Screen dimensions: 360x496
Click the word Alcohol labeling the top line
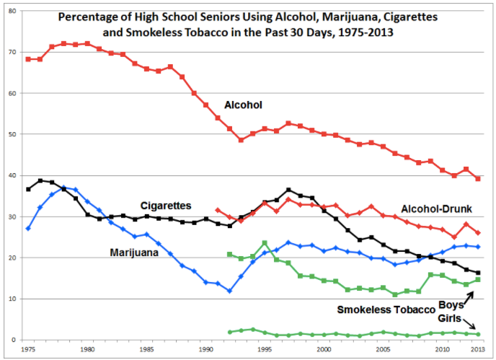243,105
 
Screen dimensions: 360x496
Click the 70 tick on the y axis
12,52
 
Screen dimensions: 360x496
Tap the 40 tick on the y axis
12,175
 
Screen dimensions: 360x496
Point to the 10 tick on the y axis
12,299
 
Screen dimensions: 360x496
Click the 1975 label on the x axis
28,350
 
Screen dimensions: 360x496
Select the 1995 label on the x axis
265,350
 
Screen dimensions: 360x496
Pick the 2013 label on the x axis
478,350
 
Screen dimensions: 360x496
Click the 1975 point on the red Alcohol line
28,59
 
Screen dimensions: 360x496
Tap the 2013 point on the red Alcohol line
478,178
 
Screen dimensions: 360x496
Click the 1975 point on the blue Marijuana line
28,228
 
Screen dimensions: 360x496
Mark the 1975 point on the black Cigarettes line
28,189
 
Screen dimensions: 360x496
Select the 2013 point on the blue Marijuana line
478,247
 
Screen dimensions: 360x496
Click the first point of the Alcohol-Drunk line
218,210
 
